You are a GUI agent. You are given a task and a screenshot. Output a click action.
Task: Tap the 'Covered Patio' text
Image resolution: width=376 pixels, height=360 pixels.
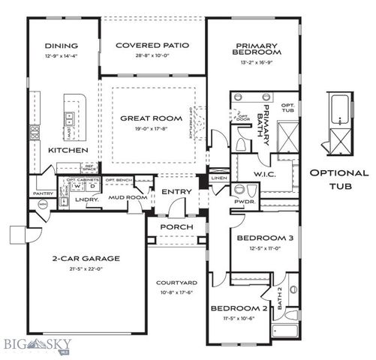point(152,46)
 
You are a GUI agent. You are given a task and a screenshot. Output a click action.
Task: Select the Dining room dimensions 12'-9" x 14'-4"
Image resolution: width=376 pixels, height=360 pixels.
point(62,55)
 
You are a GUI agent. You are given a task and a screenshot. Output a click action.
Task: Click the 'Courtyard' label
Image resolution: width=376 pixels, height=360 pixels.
point(176,283)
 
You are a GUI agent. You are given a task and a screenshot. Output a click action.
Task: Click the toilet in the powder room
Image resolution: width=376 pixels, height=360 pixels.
point(241,190)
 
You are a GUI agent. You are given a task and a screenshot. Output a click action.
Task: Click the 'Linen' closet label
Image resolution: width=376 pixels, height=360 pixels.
point(218,178)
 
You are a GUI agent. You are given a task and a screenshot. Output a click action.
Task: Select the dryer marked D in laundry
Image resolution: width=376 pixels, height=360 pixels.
point(93,187)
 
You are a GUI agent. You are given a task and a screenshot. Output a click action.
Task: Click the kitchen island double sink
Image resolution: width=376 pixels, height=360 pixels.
point(70,118)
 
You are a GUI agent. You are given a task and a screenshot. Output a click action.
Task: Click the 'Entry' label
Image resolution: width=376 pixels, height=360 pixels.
point(175,192)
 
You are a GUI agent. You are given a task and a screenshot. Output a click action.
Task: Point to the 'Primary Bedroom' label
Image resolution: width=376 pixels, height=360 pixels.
point(257,49)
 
